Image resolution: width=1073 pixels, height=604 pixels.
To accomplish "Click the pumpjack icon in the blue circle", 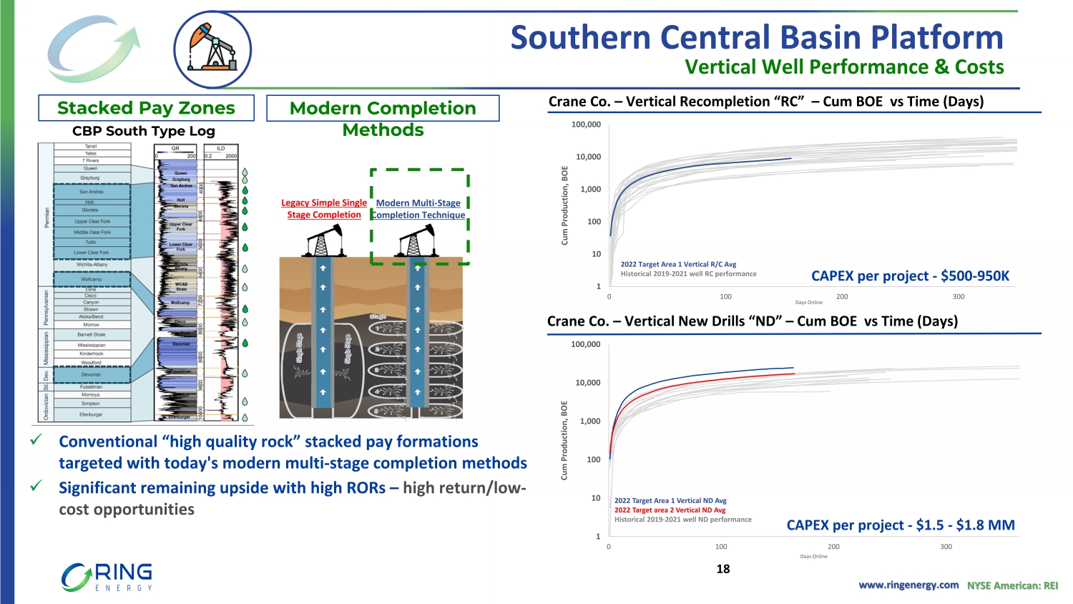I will click(212, 49).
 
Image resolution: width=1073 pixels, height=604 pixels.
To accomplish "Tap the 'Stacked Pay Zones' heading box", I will click(146, 108).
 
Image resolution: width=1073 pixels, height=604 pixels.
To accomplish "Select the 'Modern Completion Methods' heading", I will click(383, 118).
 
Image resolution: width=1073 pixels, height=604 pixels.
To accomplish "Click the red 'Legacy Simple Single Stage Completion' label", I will click(324, 209).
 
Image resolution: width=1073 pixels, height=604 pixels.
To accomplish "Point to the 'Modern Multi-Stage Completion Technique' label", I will click(418, 209).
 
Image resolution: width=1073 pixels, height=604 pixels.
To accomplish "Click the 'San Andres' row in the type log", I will click(92, 192).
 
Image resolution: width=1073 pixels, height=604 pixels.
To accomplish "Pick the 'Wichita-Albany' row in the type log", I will click(92, 265).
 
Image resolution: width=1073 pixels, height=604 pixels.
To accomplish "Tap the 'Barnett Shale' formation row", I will click(92, 334).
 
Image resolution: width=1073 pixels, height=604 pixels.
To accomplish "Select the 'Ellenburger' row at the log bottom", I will click(92, 414).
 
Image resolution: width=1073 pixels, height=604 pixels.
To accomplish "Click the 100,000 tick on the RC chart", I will click(586, 125).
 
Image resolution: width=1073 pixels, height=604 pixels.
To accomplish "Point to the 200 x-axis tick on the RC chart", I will click(842, 296).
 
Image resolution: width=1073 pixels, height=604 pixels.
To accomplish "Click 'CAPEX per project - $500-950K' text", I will click(910, 276).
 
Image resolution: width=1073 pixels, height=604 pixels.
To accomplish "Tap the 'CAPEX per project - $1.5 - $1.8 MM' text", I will click(901, 525).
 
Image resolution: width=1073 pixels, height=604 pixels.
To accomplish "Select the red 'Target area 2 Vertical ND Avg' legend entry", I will click(670, 510).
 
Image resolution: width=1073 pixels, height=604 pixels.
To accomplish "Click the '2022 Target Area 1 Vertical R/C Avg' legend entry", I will click(678, 264).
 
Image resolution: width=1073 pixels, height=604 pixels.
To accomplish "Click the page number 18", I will click(723, 569).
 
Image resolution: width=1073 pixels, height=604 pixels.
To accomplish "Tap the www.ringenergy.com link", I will click(908, 585).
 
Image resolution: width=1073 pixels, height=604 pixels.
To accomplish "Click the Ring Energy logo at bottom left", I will click(107, 577).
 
